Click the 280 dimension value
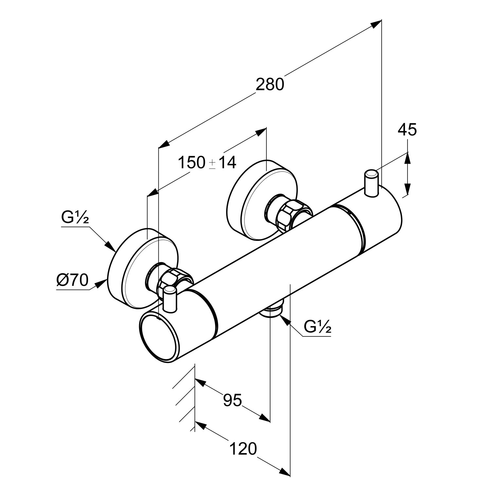point(270,85)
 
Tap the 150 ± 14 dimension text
point(207,162)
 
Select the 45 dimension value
point(407,130)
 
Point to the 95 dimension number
point(232,400)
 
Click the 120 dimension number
point(243,449)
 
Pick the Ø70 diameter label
point(72,280)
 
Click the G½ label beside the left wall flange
point(75,218)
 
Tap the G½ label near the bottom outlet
point(317,327)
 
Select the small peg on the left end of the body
point(170,299)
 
